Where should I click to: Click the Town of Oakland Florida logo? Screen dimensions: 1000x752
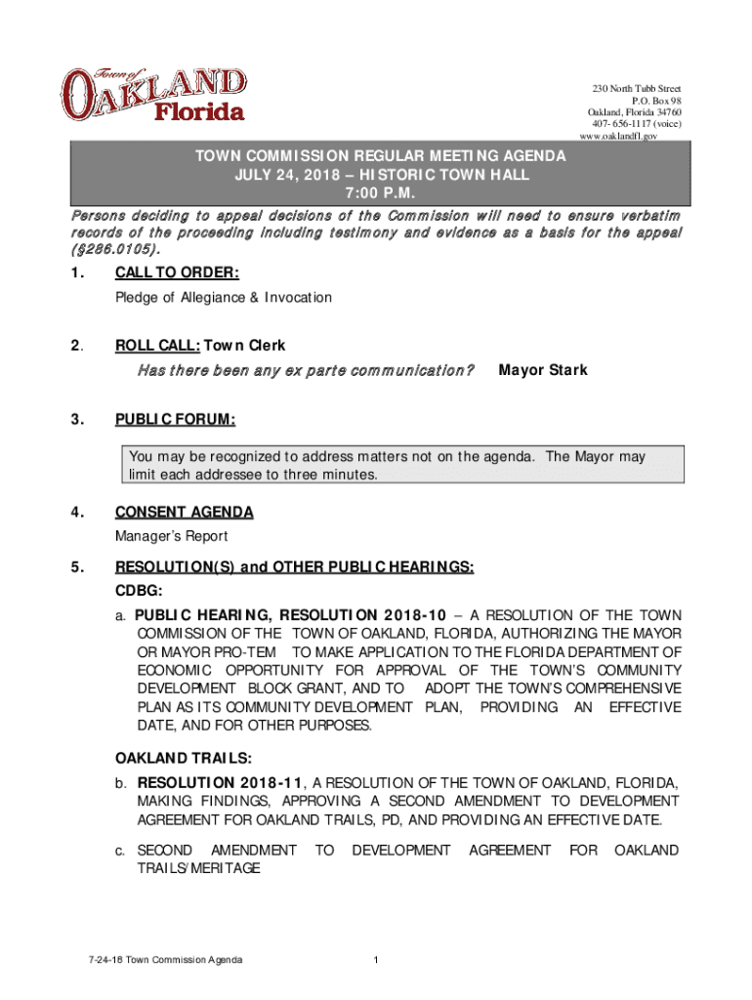(153, 96)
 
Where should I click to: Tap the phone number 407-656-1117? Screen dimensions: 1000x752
(621, 124)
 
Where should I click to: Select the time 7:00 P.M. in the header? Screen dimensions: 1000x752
(376, 191)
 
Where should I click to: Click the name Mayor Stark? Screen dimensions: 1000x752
(543, 370)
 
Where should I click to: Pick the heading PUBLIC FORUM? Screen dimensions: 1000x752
(175, 420)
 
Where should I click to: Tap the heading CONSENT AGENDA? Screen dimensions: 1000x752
(184, 512)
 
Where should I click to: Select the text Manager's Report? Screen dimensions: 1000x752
(171, 536)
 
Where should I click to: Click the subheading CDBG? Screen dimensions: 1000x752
(139, 591)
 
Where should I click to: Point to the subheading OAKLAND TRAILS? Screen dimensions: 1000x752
(185, 758)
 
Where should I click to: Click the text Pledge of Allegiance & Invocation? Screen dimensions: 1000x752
(223, 297)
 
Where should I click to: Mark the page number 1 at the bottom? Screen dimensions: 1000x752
(375, 961)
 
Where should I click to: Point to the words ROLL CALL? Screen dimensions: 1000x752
(157, 346)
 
